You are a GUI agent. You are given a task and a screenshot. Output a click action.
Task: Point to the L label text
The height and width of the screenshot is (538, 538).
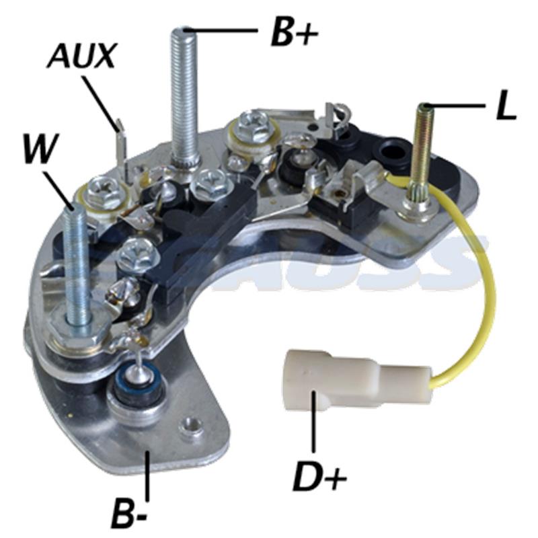click(x=506, y=108)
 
